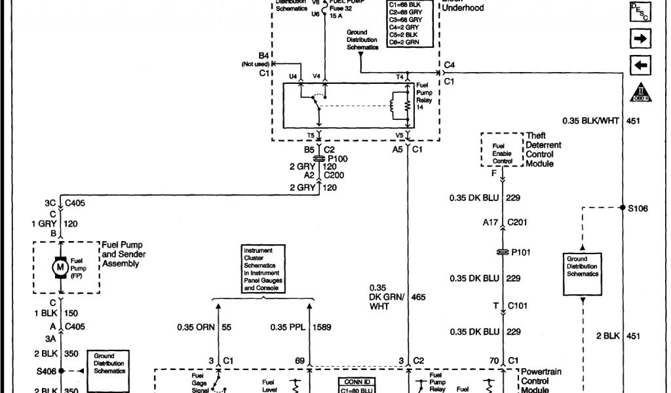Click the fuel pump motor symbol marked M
(60, 268)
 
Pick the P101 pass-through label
(522, 252)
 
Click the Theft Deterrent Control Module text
(544, 149)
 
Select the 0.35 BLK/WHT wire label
(592, 121)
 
